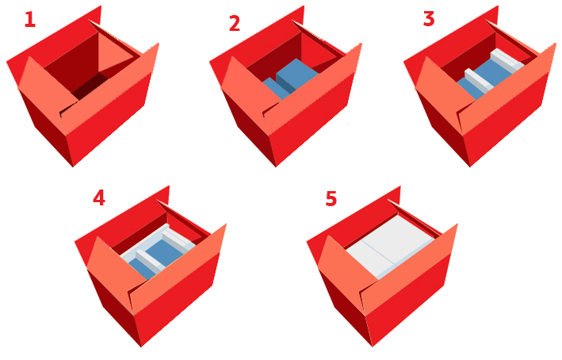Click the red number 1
[30, 20]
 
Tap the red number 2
[235, 23]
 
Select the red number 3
[429, 19]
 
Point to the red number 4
[99, 197]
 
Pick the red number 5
[331, 198]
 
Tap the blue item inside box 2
[290, 79]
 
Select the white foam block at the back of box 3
[507, 59]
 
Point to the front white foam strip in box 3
[479, 80]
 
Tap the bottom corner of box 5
[373, 347]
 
